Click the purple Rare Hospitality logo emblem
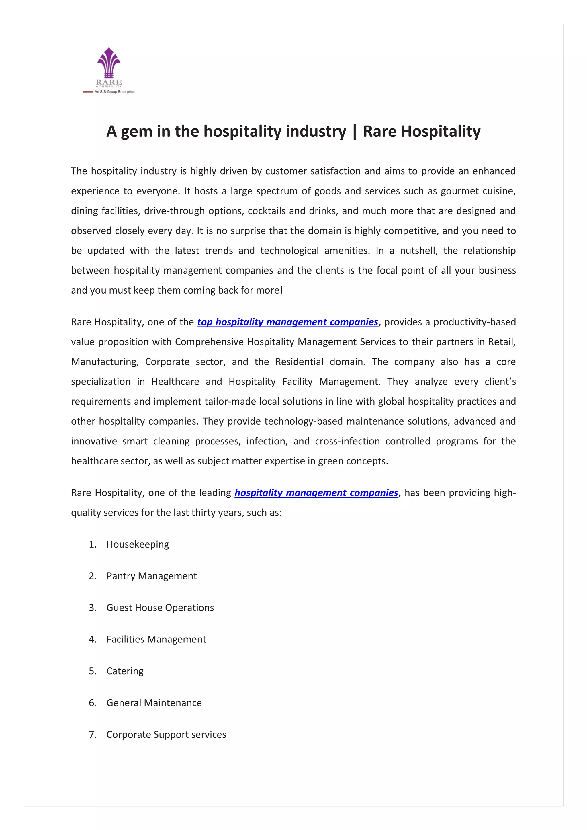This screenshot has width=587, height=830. point(109,63)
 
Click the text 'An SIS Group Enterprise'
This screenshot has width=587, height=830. point(114,92)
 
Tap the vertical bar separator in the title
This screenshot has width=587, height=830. point(354,132)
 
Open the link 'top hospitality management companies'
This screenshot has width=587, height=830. point(287,322)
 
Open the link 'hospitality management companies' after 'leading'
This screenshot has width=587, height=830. point(316,493)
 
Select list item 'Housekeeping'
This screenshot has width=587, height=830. point(137,544)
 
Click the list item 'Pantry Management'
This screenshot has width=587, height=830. point(151,576)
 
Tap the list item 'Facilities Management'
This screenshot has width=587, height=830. point(156,640)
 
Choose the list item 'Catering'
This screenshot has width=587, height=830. point(125,671)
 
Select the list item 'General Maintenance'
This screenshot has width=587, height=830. point(154,703)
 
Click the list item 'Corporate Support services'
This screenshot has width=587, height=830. point(166,735)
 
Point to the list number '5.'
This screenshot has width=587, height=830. point(93,671)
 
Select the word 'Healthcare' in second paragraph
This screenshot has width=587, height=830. point(175,382)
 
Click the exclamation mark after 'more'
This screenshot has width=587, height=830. point(281,290)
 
